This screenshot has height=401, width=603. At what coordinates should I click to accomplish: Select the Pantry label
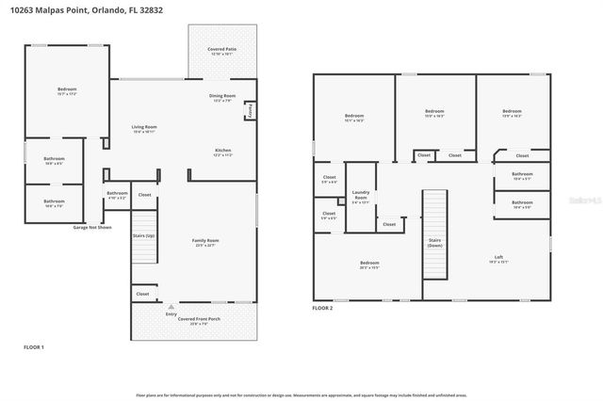click(250, 111)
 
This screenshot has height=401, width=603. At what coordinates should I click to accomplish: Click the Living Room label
click(143, 128)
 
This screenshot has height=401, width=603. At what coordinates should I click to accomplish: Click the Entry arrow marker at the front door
click(171, 306)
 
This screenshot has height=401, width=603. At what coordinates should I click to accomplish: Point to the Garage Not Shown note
click(92, 227)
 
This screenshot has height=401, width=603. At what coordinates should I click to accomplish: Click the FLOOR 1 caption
click(34, 347)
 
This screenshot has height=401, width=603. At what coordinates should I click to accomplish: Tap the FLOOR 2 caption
click(323, 308)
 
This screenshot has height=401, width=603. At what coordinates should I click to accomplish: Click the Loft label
click(499, 259)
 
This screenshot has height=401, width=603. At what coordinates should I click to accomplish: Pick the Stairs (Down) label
click(434, 241)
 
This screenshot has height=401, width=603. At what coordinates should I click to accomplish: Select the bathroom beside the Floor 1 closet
click(117, 196)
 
